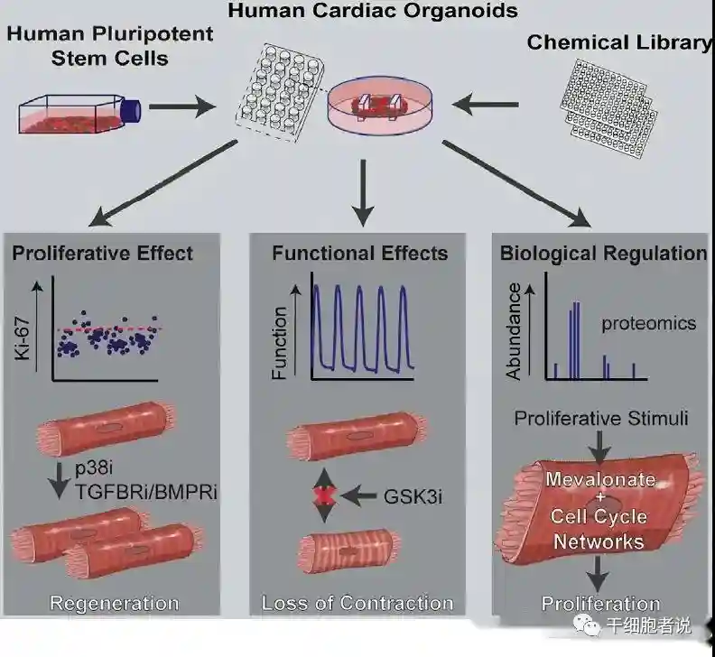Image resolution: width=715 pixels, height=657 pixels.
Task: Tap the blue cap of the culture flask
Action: pos(130,109)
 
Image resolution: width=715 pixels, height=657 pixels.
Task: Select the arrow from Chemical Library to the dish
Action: pos(488,106)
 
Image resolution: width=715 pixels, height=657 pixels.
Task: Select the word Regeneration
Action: pos(114,603)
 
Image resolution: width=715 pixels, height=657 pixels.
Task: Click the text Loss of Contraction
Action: pos(357,603)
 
